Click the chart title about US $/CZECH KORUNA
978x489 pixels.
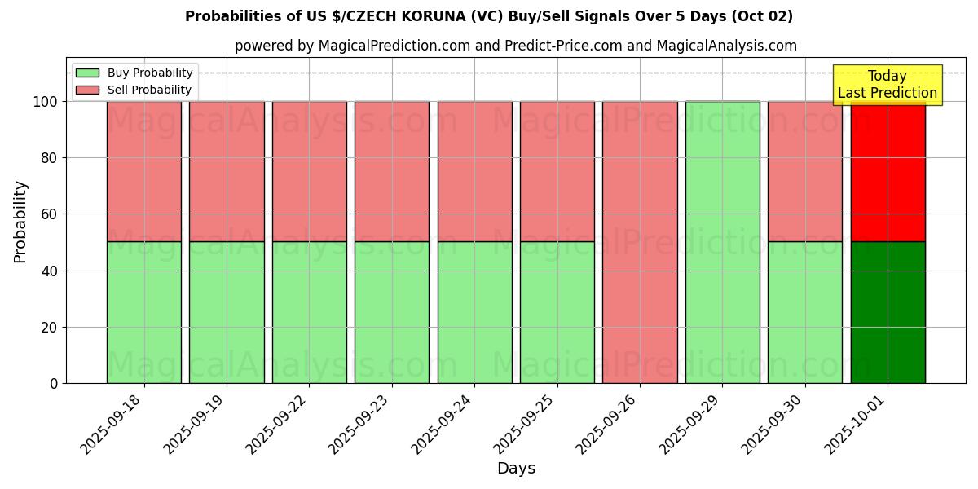pyautogui.click(x=489, y=16)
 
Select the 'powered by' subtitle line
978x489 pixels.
pyautogui.click(x=515, y=46)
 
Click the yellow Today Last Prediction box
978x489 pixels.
pyautogui.click(x=887, y=85)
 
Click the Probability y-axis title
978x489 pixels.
pyautogui.click(x=20, y=222)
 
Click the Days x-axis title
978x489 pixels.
pyautogui.click(x=516, y=469)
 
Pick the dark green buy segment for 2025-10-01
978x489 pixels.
pyautogui.click(x=888, y=312)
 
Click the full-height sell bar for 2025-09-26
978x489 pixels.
pyautogui.click(x=640, y=242)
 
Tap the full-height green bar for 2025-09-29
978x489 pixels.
pyautogui.click(x=722, y=242)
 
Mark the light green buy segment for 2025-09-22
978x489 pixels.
pyautogui.click(x=309, y=312)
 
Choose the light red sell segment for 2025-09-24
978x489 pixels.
pyautogui.click(x=474, y=171)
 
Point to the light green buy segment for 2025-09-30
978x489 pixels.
pyautogui.click(x=804, y=312)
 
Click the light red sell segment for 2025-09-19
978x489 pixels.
pyautogui.click(x=227, y=171)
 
